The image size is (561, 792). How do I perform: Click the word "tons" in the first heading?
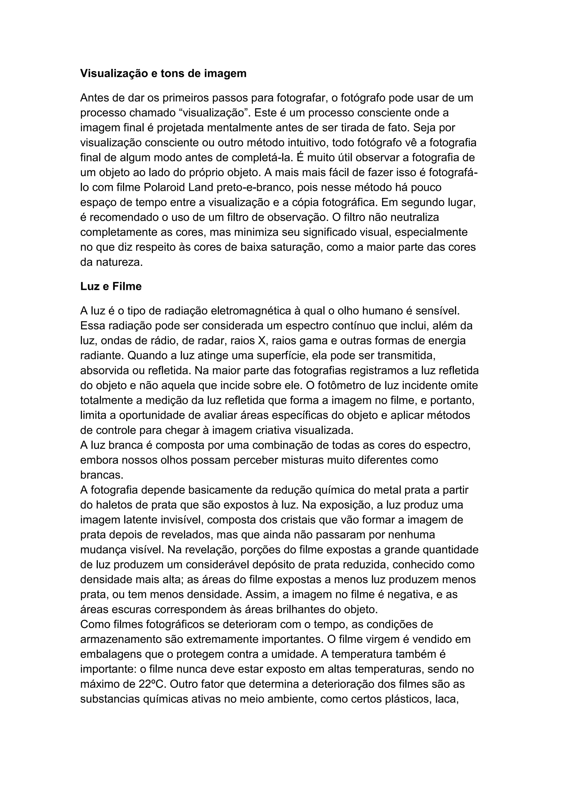click(x=173, y=74)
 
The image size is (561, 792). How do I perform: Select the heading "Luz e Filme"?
click(x=111, y=286)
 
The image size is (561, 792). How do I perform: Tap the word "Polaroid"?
click(x=163, y=187)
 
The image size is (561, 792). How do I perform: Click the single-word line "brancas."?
click(x=102, y=475)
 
